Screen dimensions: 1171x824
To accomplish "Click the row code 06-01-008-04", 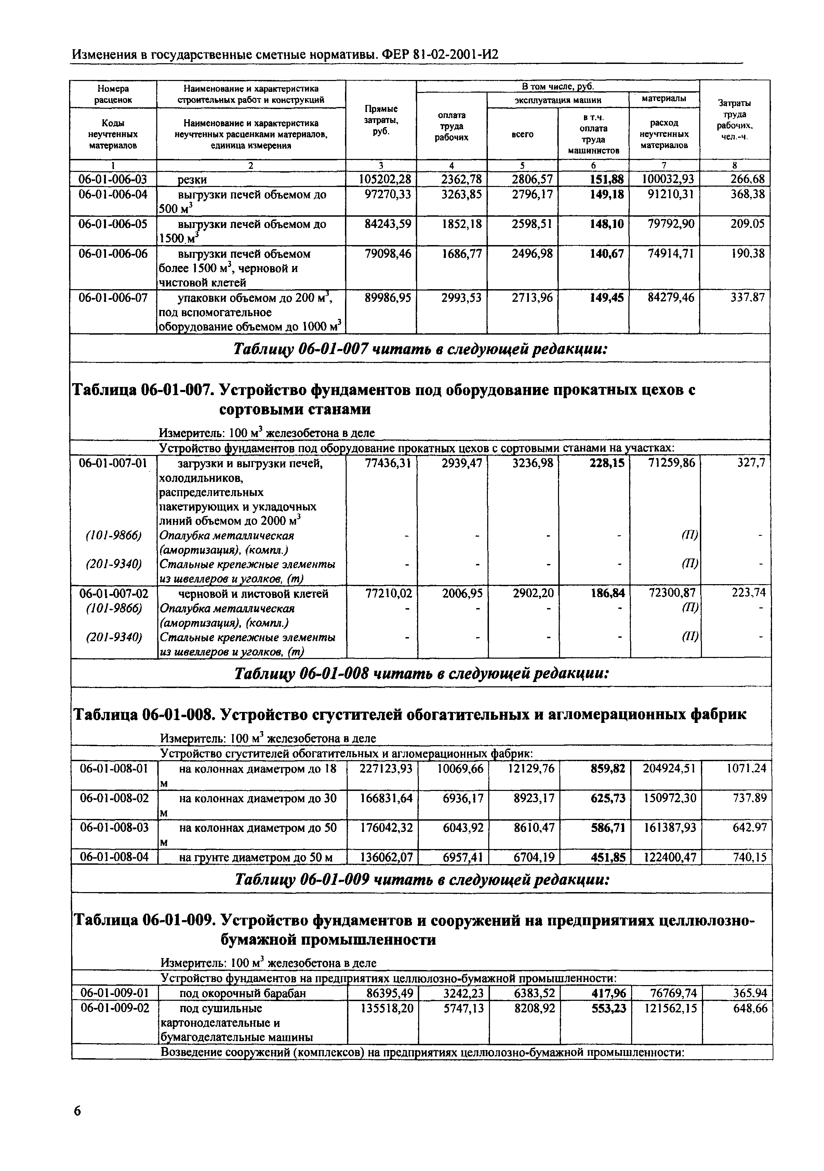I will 114,857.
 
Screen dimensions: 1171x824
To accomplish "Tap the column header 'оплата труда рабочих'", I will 452,126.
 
